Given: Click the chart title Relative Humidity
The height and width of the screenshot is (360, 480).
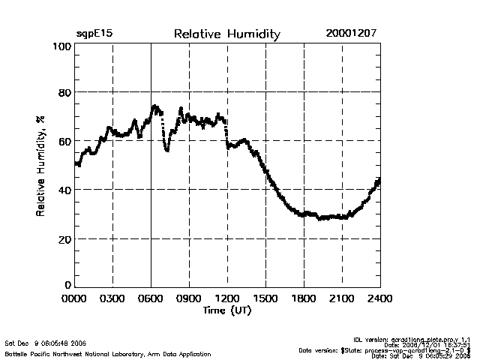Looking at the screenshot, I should [226, 34].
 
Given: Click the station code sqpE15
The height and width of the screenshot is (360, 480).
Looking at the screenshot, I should [94, 34].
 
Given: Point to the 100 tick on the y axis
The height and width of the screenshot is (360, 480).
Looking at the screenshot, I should [62, 46].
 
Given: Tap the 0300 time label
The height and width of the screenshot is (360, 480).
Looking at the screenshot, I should [112, 299].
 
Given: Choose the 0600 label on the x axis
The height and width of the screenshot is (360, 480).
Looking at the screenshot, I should [151, 299].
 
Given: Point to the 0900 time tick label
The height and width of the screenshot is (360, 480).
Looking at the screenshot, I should [189, 299].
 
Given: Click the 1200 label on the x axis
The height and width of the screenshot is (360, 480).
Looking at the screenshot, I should [227, 299].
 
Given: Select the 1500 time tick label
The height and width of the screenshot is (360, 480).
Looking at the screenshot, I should [265, 299].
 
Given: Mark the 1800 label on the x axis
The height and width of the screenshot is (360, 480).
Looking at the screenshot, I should [304, 299].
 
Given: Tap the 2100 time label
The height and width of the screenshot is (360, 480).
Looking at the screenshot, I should [342, 299].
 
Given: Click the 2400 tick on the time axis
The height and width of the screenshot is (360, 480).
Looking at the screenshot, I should [379, 299].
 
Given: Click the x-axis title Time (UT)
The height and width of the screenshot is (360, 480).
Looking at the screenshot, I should [227, 310].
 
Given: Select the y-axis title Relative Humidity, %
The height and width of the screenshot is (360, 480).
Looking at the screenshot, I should [40, 165].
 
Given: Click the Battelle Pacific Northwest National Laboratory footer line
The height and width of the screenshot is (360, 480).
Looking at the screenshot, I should [107, 354].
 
